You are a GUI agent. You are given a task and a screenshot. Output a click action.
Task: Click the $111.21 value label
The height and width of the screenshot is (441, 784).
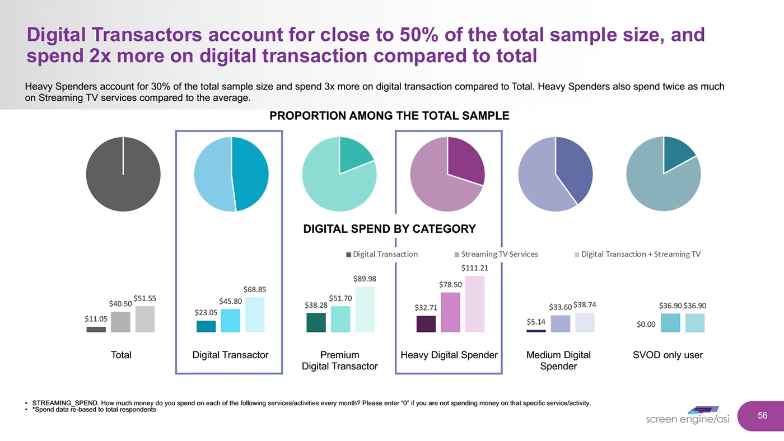pos(474,268)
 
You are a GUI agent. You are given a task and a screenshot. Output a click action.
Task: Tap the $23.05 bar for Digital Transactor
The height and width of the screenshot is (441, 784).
pos(206,326)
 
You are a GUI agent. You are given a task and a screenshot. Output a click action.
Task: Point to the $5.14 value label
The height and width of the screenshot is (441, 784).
pos(536,322)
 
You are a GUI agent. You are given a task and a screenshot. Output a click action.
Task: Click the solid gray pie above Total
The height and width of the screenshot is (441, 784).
pos(123,174)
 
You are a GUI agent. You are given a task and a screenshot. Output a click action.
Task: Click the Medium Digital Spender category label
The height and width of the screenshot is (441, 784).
pos(558,360)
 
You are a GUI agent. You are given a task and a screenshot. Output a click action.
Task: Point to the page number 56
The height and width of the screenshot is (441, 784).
pos(762,415)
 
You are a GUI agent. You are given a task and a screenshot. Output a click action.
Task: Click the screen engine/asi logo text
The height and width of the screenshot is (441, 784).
pos(687,419)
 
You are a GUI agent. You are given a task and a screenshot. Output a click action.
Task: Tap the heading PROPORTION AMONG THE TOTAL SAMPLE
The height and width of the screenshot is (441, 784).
pos(389,116)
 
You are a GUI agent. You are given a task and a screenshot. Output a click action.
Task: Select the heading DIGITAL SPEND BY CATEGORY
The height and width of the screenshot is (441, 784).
pos(389,229)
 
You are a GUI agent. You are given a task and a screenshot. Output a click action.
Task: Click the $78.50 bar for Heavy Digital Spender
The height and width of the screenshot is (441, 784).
pos(450,312)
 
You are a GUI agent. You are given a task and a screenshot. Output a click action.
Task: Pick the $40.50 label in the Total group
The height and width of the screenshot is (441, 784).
pos(120,303)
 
